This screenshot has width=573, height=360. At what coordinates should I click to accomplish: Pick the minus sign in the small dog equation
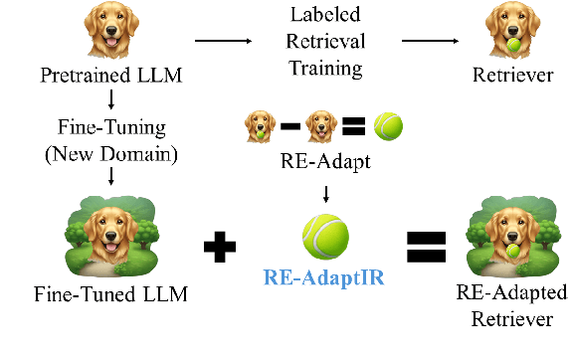pos(291,127)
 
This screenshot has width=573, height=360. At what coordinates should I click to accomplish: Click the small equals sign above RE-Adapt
pos(354,127)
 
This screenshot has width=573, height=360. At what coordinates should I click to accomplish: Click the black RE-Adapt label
pos(326,161)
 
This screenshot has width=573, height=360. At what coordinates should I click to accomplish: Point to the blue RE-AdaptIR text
pos(326,277)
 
